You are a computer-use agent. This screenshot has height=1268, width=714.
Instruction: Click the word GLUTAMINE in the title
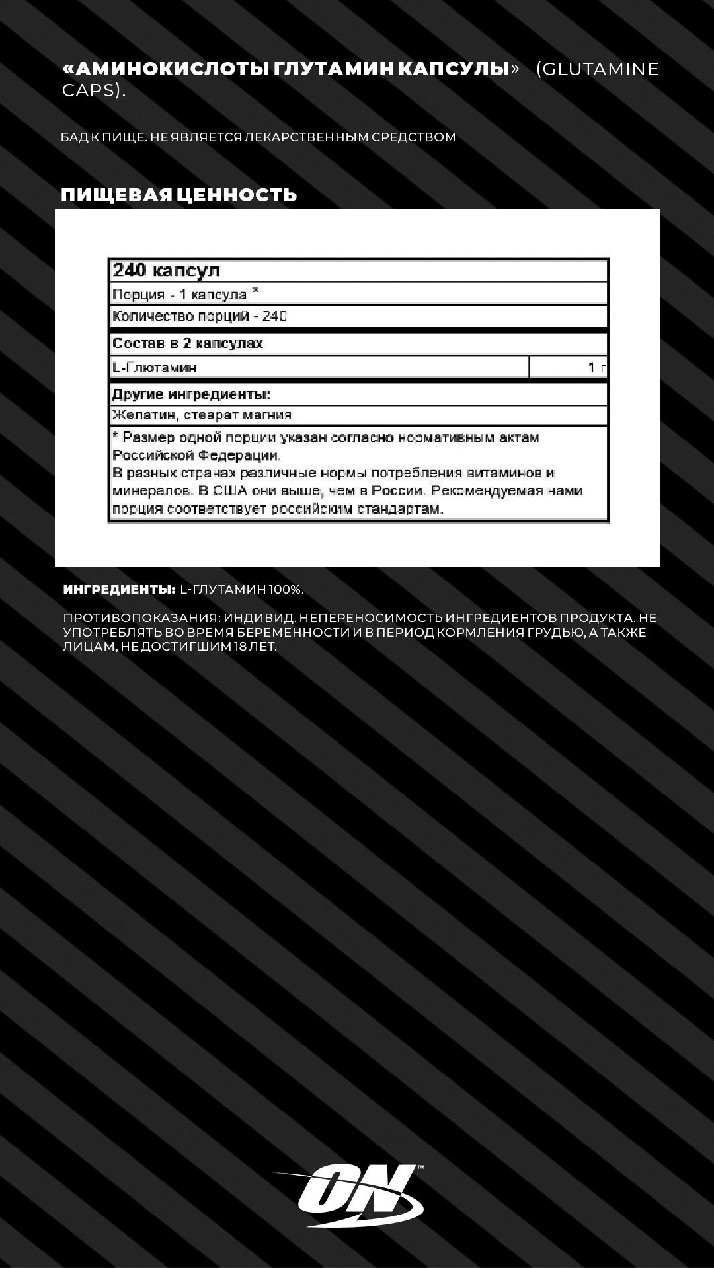(598, 69)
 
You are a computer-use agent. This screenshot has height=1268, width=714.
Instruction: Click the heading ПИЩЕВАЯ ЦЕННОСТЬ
(179, 195)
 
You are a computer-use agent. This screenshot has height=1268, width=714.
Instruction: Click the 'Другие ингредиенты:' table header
(192, 395)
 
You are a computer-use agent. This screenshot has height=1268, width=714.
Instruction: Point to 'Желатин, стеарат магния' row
(202, 415)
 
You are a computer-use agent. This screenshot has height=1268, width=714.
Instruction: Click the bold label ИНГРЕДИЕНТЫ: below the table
(119, 590)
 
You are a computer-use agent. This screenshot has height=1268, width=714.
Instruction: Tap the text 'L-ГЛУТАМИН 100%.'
(242, 590)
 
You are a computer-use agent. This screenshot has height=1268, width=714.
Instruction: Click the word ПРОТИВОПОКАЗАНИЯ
(139, 618)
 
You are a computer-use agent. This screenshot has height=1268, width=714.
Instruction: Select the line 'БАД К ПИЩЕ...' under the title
(258, 137)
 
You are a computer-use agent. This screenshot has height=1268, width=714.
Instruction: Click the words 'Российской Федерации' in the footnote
(196, 455)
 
